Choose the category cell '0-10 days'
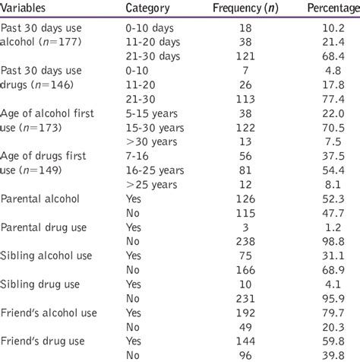[147, 29]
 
